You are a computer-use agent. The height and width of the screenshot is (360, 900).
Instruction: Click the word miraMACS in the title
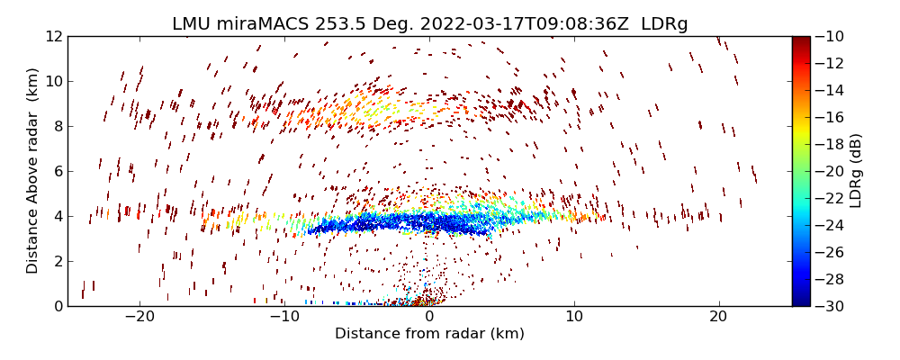[x=255, y=24]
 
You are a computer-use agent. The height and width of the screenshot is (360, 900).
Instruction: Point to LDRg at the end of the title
[x=664, y=24]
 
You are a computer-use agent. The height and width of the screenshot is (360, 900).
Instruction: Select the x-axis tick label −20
[x=139, y=317]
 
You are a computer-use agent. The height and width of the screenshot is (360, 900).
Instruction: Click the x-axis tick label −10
[x=284, y=317]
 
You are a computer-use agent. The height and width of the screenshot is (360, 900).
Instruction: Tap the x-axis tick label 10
[x=573, y=317]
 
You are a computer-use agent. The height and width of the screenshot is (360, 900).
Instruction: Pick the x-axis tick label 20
[x=718, y=317]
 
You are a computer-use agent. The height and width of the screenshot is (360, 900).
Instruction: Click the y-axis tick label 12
[x=54, y=37]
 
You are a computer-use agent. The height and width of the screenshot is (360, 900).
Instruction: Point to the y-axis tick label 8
[x=58, y=127]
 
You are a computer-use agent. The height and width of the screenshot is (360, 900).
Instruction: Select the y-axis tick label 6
[x=58, y=172]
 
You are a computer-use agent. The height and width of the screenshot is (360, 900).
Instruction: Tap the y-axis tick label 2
[x=58, y=261]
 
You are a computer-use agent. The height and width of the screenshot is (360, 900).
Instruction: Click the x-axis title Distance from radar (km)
[x=429, y=334]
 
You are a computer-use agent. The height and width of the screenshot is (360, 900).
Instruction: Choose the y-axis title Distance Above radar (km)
[x=33, y=171]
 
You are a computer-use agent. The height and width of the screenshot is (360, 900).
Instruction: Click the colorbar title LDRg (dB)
[x=856, y=171]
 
